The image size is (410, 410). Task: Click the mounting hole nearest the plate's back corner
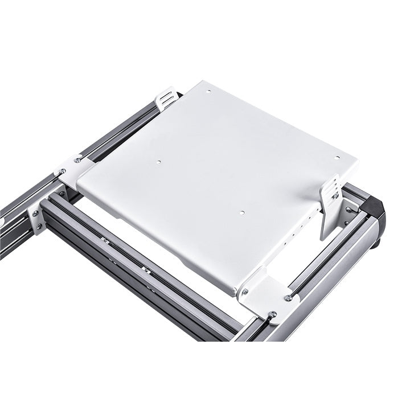click(x=208, y=91)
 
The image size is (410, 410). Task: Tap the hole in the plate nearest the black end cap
click(x=337, y=158)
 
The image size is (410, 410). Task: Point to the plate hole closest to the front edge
click(x=241, y=213)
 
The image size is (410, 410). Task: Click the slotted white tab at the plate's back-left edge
click(x=166, y=98)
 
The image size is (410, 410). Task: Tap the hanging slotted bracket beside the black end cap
click(x=330, y=205)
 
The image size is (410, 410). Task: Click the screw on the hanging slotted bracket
click(x=335, y=196)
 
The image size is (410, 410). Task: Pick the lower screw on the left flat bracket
click(x=61, y=171)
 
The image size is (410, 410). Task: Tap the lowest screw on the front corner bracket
click(x=272, y=314)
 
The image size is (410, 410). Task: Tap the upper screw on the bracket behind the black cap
click(x=349, y=210)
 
